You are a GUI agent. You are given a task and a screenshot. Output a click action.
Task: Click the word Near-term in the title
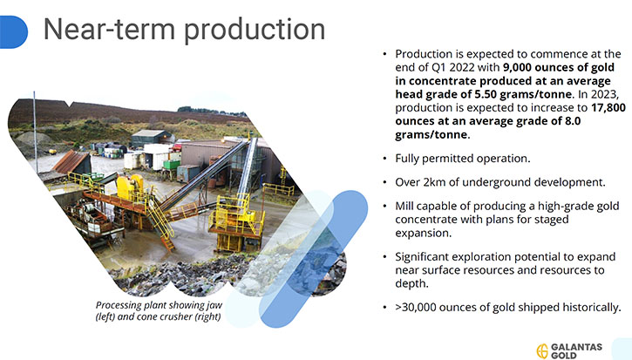pyautogui.click(x=110, y=29)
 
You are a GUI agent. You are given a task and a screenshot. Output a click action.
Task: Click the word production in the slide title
pyautogui.click(x=255, y=31)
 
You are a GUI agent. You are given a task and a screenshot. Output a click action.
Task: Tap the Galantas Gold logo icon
pyautogui.click(x=542, y=350)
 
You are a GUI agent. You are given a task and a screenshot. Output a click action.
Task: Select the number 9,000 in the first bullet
pyautogui.click(x=517, y=67)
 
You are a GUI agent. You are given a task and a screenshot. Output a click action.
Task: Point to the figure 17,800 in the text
pyautogui.click(x=608, y=107)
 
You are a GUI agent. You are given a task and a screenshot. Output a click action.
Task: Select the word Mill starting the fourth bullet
pyautogui.click(x=404, y=206)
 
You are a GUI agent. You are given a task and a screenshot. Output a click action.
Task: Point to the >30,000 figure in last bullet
pyautogui.click(x=416, y=308)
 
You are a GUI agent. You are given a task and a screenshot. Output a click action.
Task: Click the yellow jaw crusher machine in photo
pyautogui.click(x=130, y=187)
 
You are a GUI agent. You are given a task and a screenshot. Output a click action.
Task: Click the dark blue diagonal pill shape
pyautogui.click(x=315, y=258)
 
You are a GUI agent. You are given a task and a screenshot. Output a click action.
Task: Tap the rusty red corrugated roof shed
pyautogui.click(x=71, y=161)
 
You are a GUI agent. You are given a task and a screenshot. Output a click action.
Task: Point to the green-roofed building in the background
pyautogui.click(x=151, y=138)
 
